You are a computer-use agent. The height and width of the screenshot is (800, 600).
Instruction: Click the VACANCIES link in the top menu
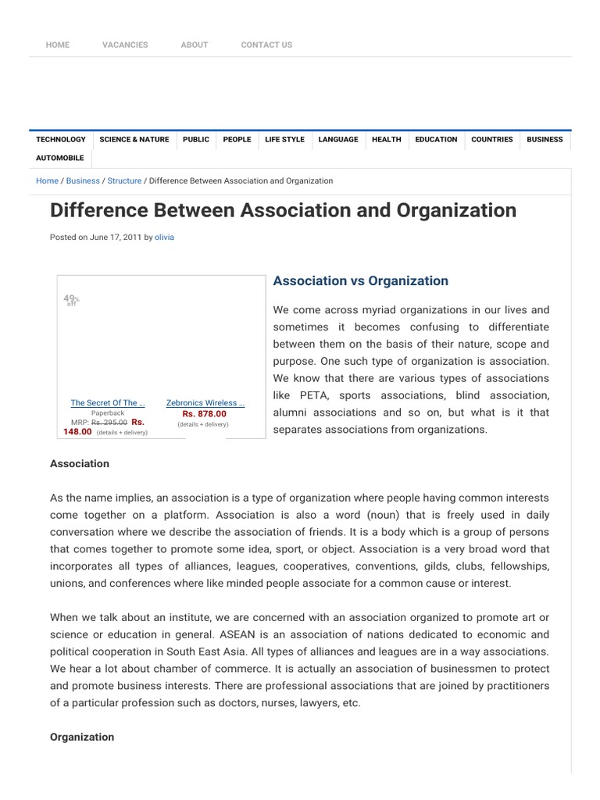point(125,45)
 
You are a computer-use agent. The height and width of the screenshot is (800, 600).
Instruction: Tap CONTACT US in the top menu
point(266,45)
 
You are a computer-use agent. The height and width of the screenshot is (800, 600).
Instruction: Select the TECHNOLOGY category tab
point(61,140)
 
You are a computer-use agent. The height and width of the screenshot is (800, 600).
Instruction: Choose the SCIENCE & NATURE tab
point(134,140)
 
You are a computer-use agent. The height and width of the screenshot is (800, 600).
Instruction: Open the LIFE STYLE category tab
point(284,140)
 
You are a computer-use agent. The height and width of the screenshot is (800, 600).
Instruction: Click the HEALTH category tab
point(387,140)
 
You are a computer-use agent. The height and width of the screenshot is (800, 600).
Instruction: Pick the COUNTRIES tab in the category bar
point(492,140)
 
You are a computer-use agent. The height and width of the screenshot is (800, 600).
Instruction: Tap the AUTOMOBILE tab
point(60,158)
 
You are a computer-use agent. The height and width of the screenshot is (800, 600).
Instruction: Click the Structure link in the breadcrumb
point(124,181)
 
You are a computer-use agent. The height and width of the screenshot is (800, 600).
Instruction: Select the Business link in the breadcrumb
point(83,181)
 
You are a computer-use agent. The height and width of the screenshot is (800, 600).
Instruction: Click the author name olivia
point(165,237)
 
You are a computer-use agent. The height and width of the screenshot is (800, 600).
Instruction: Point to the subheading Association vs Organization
point(360,281)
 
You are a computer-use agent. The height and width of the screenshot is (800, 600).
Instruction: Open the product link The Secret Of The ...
point(108,403)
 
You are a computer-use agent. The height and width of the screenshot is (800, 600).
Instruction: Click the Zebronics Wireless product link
point(205,403)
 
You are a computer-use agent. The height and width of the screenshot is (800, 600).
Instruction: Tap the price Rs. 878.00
point(204,414)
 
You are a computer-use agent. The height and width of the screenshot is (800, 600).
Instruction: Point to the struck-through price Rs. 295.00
point(109,423)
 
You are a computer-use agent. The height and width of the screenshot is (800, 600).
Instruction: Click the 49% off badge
point(71,300)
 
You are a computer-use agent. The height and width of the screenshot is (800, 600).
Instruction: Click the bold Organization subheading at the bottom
point(82,737)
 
